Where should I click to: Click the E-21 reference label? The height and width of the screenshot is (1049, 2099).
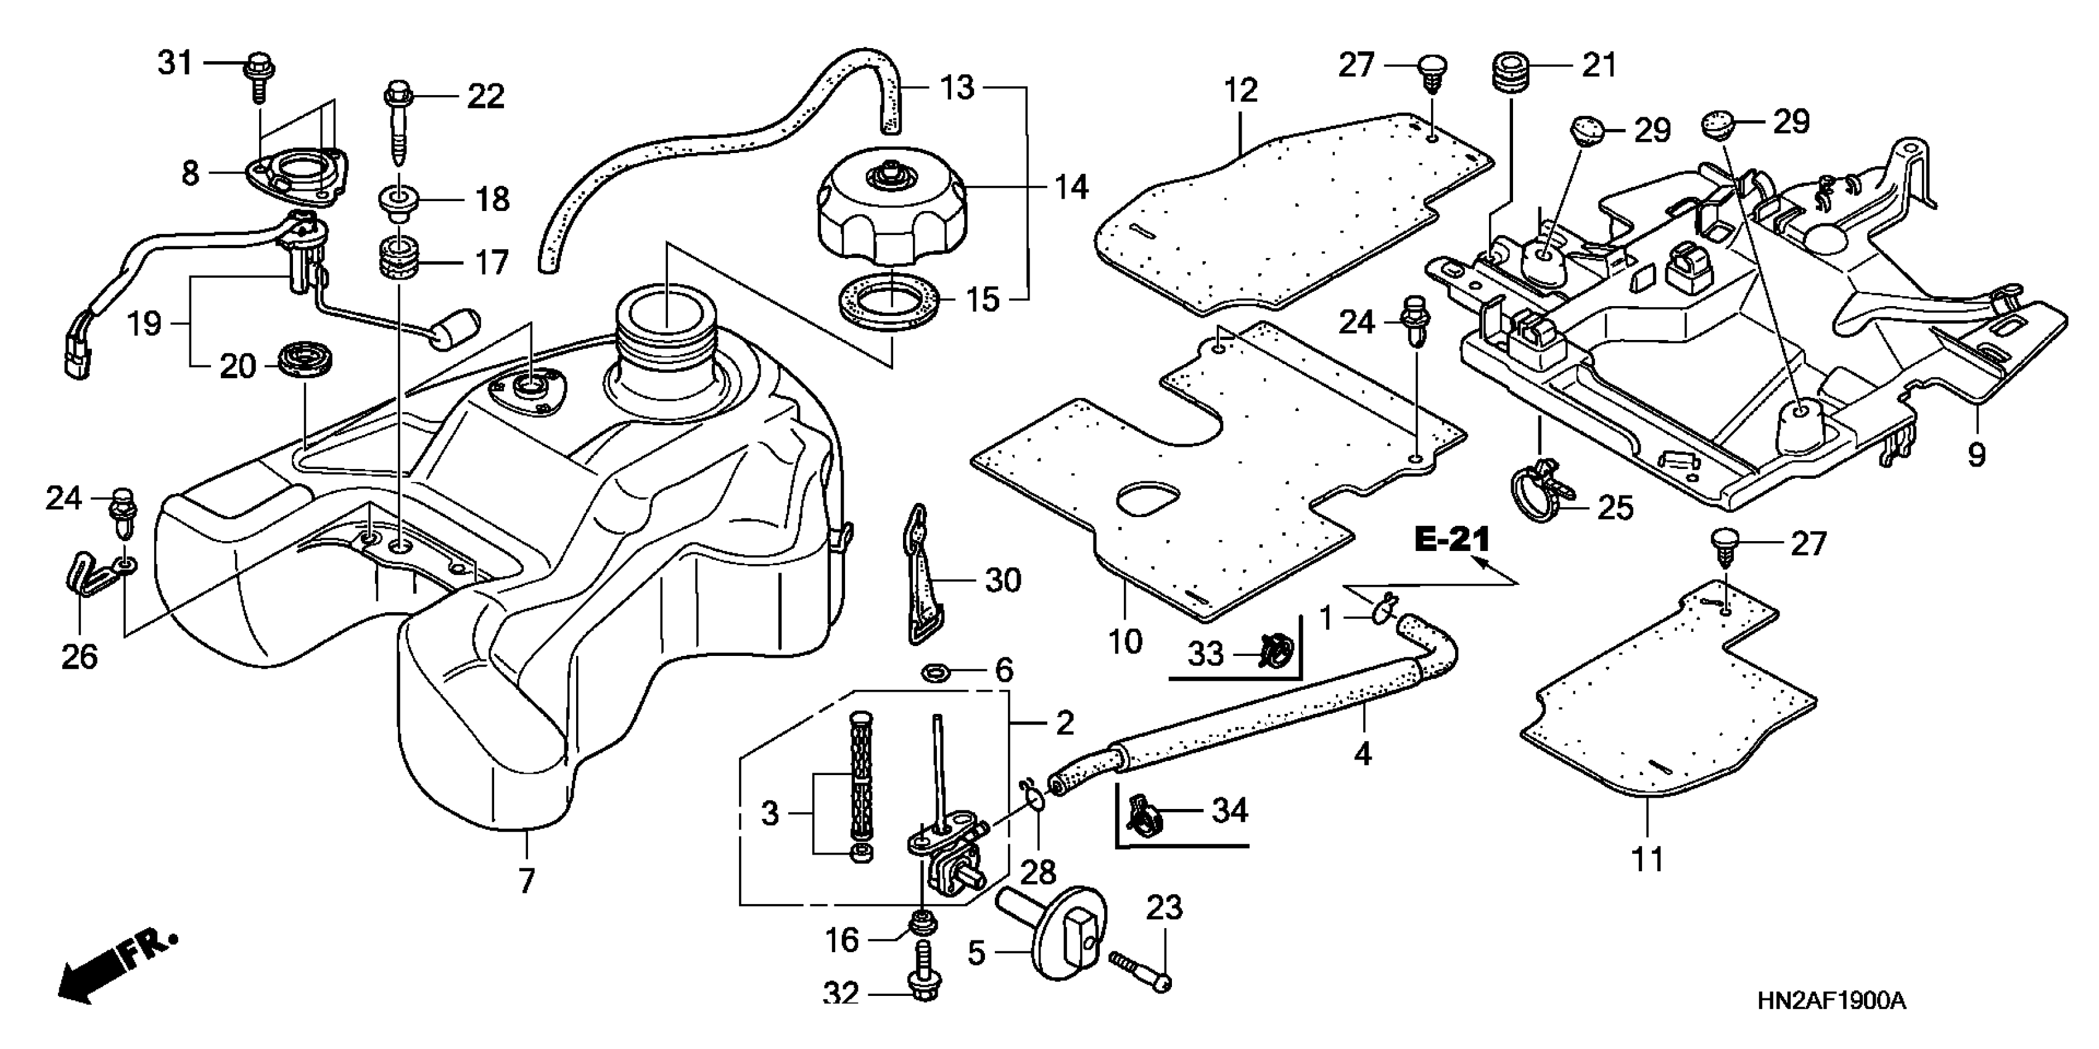1452,539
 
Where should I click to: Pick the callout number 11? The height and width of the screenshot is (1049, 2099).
1647,859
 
